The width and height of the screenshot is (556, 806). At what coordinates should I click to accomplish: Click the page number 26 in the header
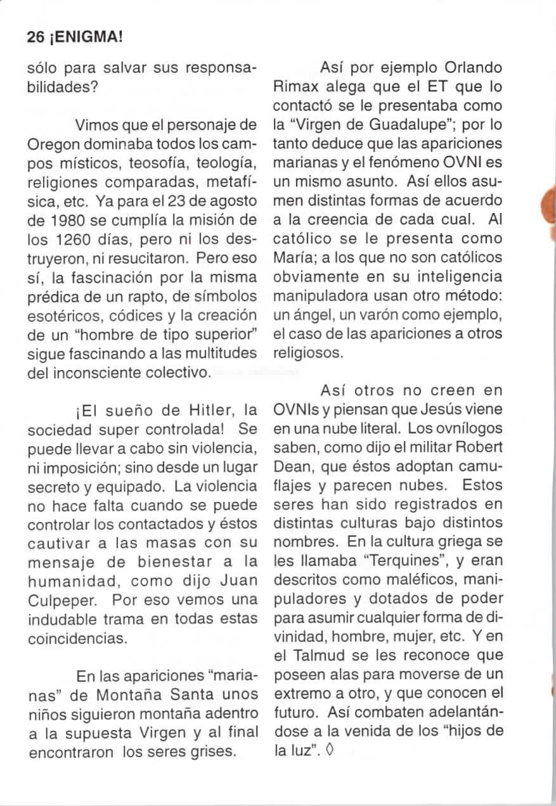tap(35, 37)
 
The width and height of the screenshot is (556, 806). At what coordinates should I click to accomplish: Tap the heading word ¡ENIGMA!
tap(83, 37)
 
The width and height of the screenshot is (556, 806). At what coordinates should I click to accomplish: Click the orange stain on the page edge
tap(550, 208)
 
